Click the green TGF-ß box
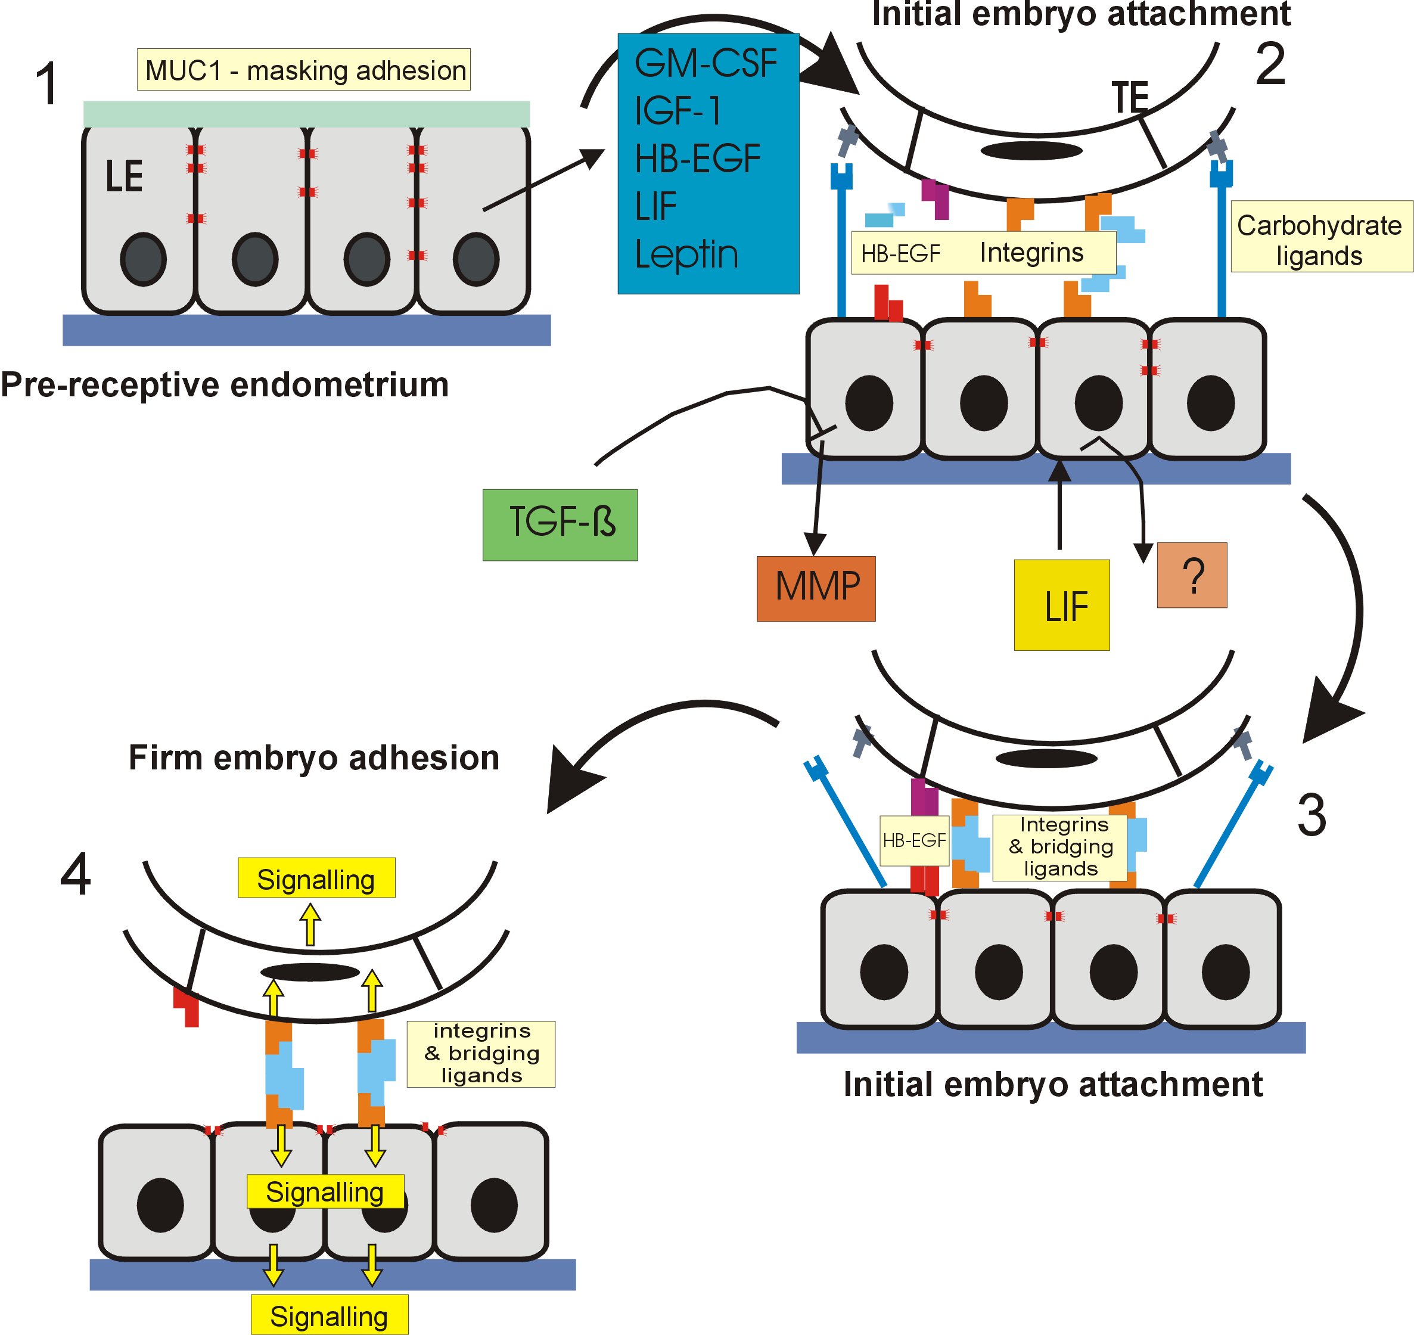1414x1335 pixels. point(560,524)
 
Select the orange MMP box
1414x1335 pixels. point(816,588)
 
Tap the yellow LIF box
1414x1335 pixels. point(1062,605)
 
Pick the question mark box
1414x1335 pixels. point(1192,575)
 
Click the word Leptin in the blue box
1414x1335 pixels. point(686,254)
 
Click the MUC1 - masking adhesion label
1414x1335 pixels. point(304,70)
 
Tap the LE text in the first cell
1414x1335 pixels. point(125,176)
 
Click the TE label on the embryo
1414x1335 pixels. point(1130,98)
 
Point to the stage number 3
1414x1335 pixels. point(1312,815)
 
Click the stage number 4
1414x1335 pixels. point(76,874)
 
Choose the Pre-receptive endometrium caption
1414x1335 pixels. point(225,385)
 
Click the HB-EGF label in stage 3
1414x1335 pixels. point(915,840)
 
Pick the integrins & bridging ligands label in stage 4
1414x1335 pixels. point(481,1054)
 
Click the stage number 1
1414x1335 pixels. point(47,84)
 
